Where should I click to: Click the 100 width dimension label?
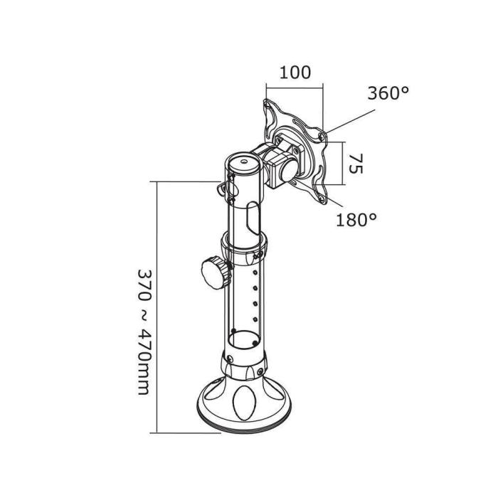point(294,73)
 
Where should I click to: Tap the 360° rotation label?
point(388,93)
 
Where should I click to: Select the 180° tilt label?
point(356,220)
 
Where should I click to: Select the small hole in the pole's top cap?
point(246,162)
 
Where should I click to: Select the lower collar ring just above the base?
point(245,366)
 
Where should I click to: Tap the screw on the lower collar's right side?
point(263,369)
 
